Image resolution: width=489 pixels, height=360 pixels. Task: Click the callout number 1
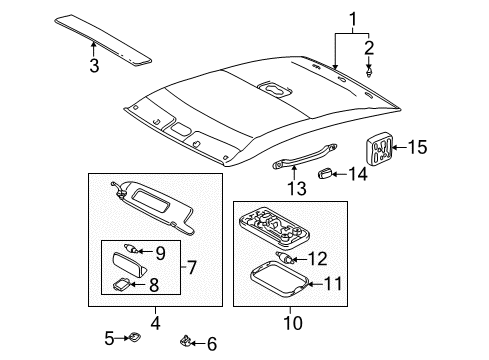point(351,19)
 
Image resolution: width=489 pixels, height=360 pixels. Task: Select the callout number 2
point(369,46)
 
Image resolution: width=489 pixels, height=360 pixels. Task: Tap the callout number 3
point(94,66)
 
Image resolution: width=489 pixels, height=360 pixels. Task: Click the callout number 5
point(109,338)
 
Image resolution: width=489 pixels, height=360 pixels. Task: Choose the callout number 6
point(210,344)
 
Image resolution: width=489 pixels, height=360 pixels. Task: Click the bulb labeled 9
point(132,249)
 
